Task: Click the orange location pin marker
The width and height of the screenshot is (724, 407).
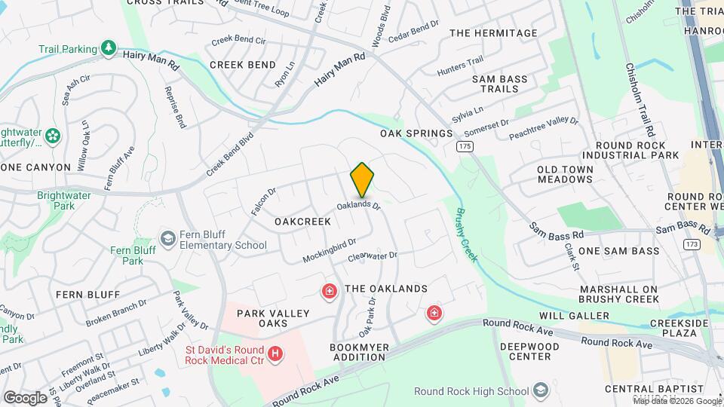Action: (362, 179)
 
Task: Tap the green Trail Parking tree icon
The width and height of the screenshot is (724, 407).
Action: (109, 48)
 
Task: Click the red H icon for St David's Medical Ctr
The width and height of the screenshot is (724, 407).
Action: (276, 353)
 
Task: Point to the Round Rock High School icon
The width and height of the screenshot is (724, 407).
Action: (540, 390)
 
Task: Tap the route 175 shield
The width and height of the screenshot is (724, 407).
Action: (465, 145)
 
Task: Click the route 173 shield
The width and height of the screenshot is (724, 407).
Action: (691, 244)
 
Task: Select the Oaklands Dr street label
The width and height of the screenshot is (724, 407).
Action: (358, 204)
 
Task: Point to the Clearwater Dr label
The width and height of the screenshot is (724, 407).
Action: (372, 257)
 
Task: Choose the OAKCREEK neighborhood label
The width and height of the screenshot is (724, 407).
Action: (302, 222)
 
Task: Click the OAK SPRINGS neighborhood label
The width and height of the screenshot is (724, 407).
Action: (416, 133)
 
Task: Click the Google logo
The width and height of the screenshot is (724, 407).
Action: (24, 397)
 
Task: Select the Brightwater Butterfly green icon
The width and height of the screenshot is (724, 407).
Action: (53, 136)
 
